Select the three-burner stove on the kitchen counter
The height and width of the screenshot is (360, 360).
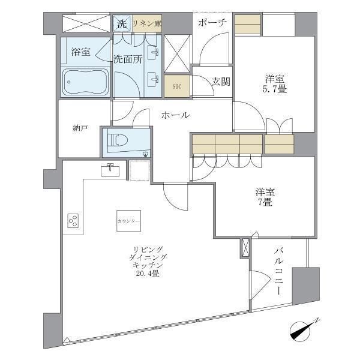coord(74,221)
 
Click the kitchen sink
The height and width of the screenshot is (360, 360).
coord(110,170)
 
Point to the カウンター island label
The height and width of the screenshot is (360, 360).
coord(129,221)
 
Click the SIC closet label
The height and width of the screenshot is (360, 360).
coord(176,86)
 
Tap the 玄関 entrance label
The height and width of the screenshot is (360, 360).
coord(220,82)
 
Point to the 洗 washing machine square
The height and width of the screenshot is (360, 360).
coord(122,24)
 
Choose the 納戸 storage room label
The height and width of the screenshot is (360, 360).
coord(80,128)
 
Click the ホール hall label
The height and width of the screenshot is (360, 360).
coord(176,115)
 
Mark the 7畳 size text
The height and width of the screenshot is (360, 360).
coord(265,203)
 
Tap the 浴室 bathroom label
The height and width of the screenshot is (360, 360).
coord(80,52)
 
